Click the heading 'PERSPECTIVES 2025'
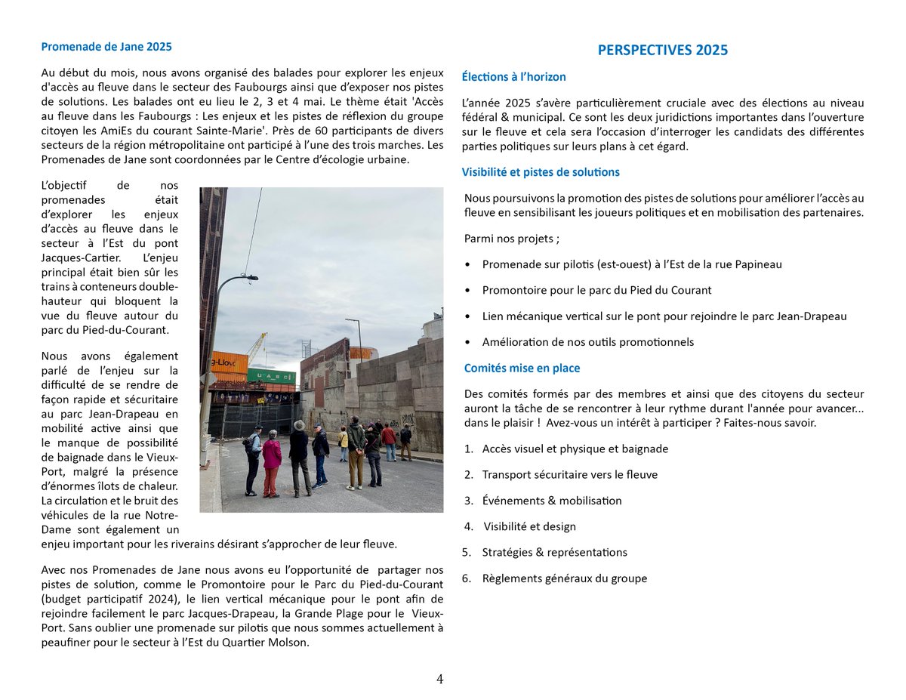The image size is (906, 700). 662,50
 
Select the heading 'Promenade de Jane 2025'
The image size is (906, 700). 106,46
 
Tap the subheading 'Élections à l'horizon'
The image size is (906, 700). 513,76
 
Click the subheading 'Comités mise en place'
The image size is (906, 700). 521,368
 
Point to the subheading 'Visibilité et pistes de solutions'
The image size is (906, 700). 541,171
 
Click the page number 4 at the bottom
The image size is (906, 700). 439,679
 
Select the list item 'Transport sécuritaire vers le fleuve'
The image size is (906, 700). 569,474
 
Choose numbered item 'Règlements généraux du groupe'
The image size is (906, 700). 564,578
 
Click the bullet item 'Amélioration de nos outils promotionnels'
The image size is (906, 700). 587,341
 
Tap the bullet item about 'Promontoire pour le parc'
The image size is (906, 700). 596,289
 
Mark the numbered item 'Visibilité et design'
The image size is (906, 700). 529,526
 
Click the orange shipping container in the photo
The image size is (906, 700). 229,362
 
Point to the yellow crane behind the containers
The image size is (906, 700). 257,347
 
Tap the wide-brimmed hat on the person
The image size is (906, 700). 299,425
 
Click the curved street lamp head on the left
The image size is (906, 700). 248,278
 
